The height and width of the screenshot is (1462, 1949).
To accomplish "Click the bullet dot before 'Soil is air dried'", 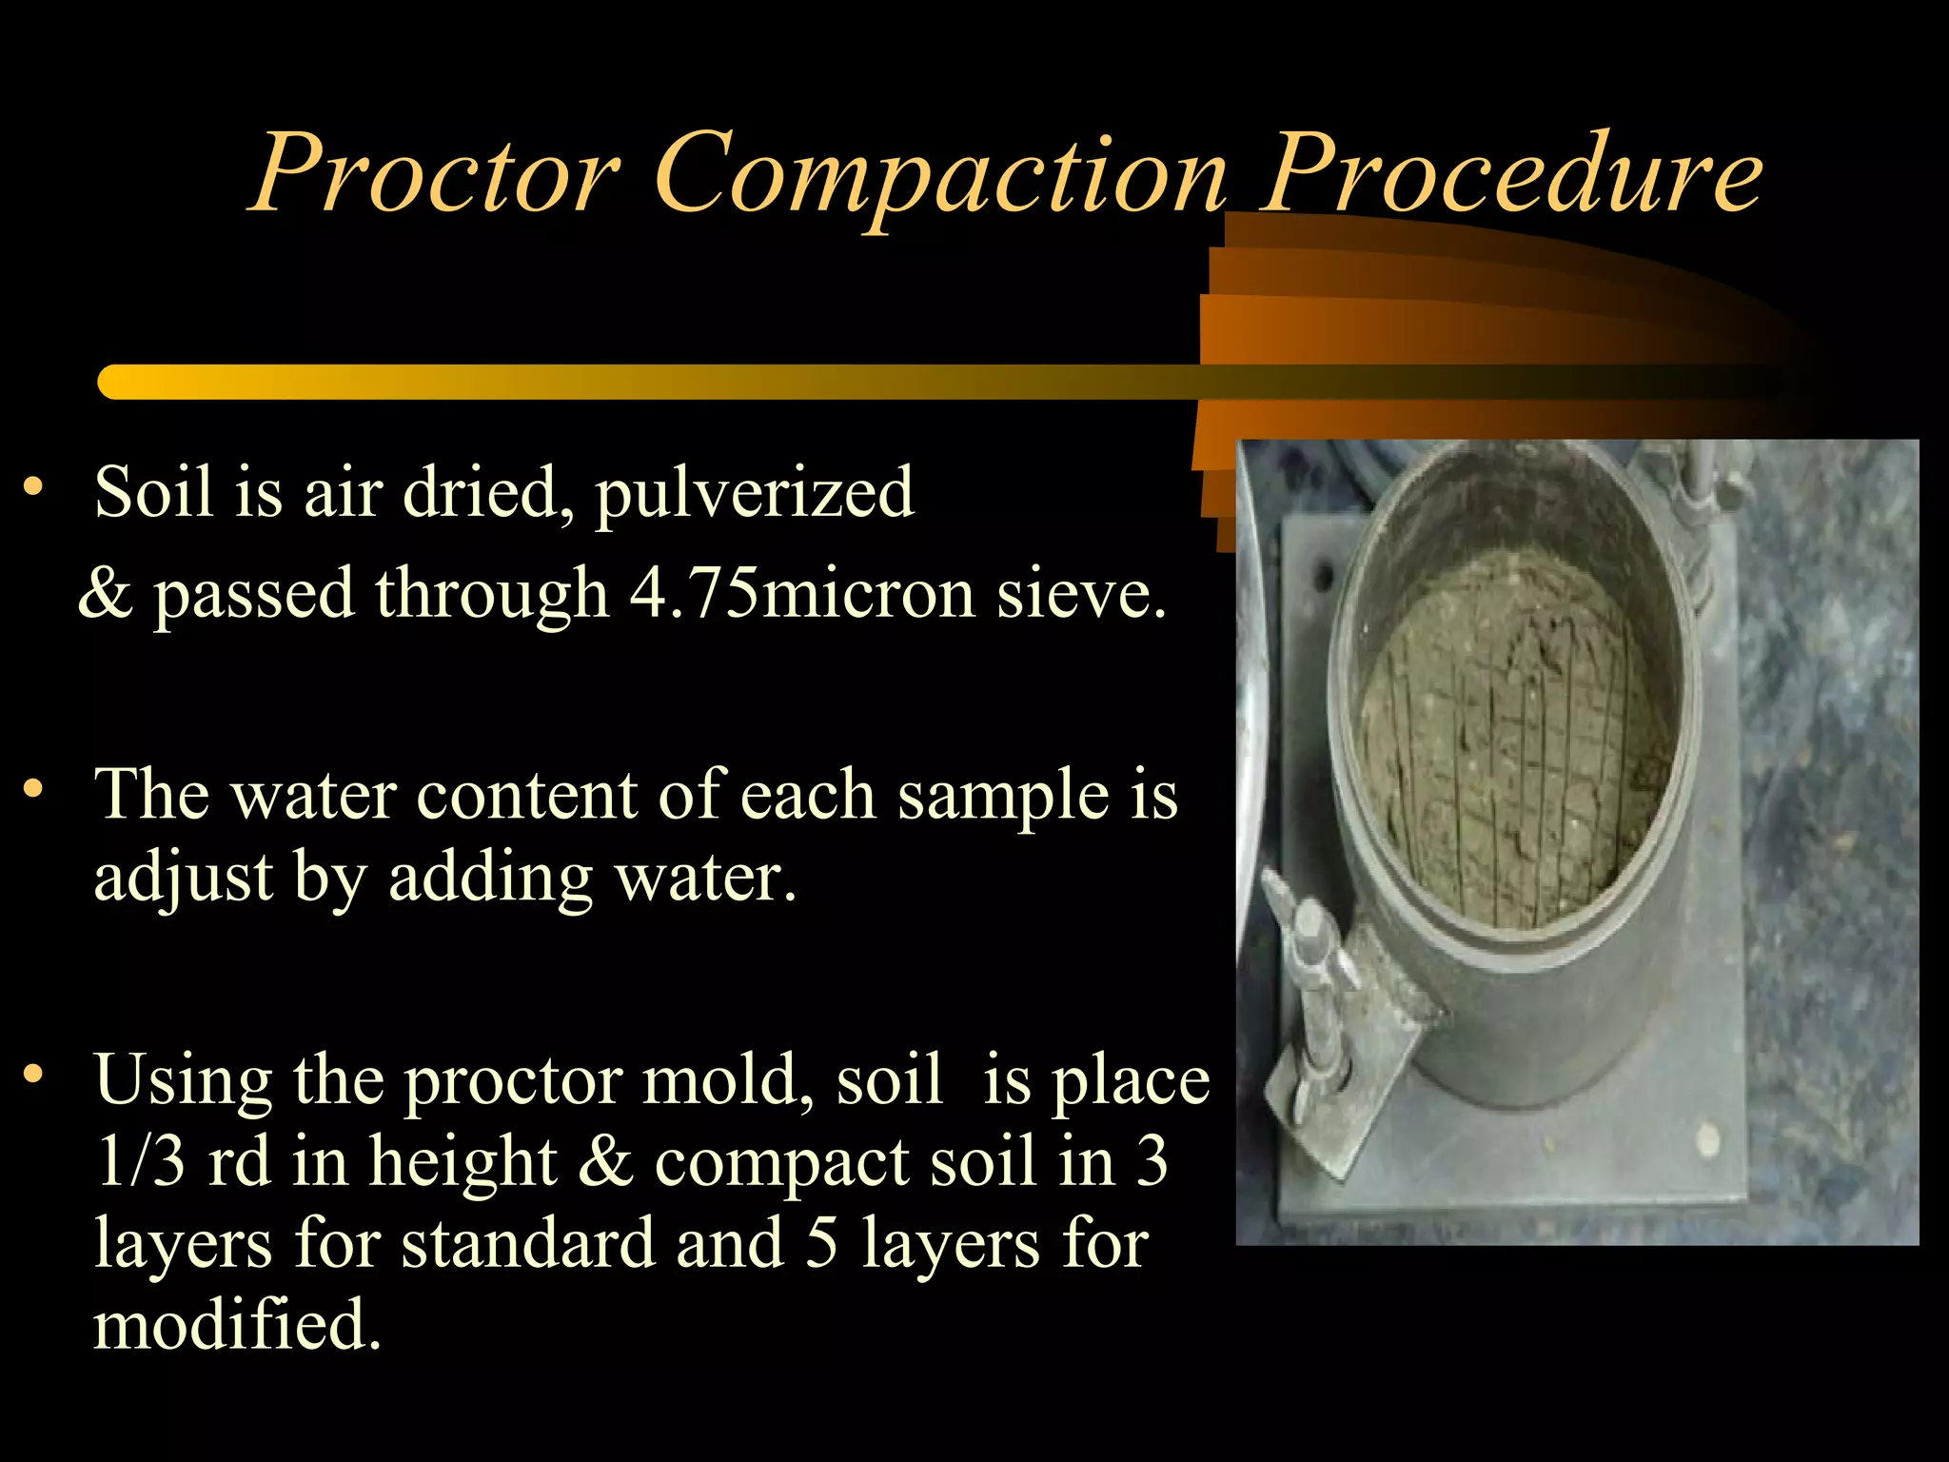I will [33, 487].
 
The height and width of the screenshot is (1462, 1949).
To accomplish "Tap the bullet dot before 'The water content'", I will [33, 788].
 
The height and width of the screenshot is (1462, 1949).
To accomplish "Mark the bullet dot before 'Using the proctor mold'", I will [33, 1074].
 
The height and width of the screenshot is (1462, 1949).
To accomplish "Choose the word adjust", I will [183, 878].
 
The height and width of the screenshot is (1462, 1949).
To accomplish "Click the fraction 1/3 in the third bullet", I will [140, 1161].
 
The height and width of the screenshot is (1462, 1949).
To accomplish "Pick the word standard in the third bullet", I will [527, 1243].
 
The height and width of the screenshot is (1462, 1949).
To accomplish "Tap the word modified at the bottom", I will [236, 1325].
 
